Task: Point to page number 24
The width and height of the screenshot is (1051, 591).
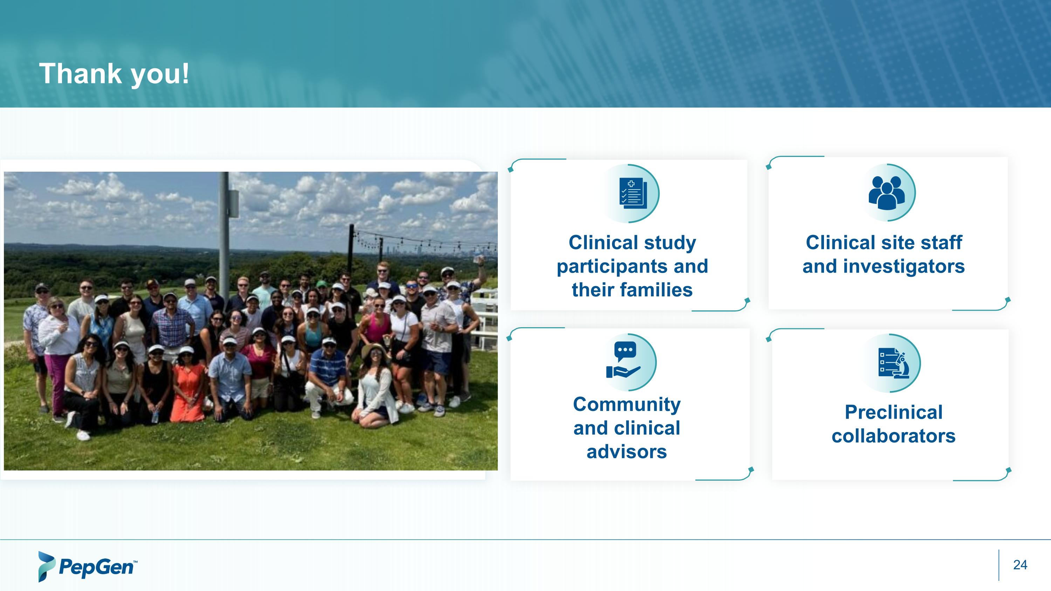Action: pyautogui.click(x=1019, y=564)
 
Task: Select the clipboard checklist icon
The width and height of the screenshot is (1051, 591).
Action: pyautogui.click(x=632, y=193)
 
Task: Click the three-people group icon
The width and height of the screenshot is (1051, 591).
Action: pyautogui.click(x=886, y=193)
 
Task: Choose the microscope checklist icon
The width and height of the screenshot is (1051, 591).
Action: pyautogui.click(x=893, y=363)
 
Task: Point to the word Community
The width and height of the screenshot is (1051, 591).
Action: pyautogui.click(x=627, y=405)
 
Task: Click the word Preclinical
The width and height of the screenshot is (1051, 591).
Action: pyautogui.click(x=893, y=412)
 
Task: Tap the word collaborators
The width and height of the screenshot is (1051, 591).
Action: pyautogui.click(x=893, y=435)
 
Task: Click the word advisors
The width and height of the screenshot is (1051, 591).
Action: pyautogui.click(x=627, y=452)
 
